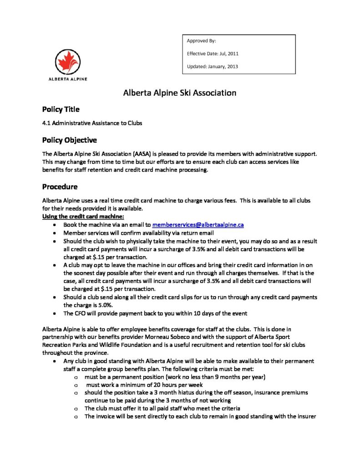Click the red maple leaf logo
click(68, 62)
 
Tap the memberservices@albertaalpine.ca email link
click(198, 225)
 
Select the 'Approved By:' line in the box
click(198, 41)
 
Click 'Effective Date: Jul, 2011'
click(213, 54)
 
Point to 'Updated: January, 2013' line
click(212, 66)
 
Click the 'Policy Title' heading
click(61, 109)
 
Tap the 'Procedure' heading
click(60, 187)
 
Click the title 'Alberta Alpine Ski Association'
click(180, 93)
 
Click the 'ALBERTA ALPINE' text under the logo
click(68, 79)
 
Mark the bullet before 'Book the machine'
click(55, 225)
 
